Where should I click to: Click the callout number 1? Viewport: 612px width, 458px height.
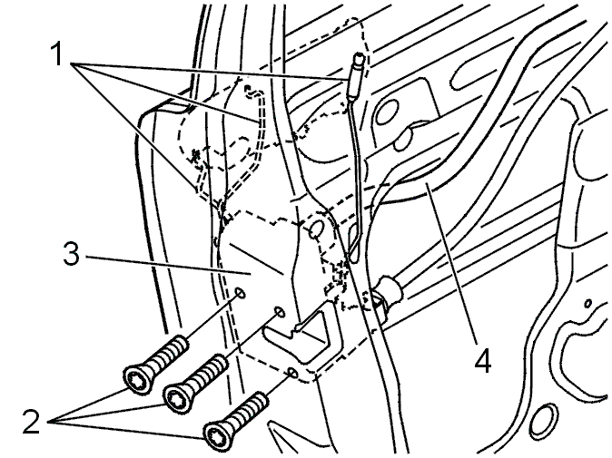pos(57,54)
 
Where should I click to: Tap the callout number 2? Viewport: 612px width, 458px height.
pos(31,422)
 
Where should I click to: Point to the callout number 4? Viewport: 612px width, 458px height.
pos(483,360)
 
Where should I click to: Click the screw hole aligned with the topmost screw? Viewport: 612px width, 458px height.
pos(241,293)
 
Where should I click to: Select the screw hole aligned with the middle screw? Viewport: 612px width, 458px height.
pos(280,311)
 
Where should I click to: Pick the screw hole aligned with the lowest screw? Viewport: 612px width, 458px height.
pos(292,373)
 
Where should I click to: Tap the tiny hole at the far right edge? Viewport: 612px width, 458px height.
pos(587,303)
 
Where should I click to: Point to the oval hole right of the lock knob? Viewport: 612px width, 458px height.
pos(387,112)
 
